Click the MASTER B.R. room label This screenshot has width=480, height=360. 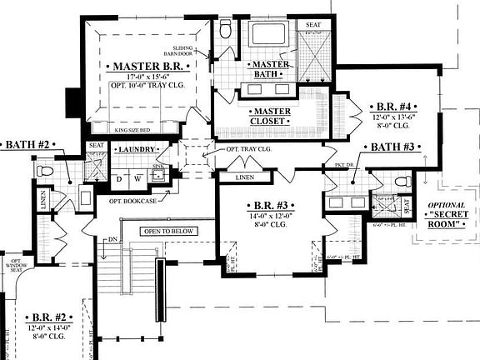pyautogui.click(x=144, y=65)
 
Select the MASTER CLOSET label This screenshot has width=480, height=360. pyautogui.click(x=271, y=116)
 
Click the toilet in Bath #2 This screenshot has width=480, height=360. pyautogui.click(x=45, y=171)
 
